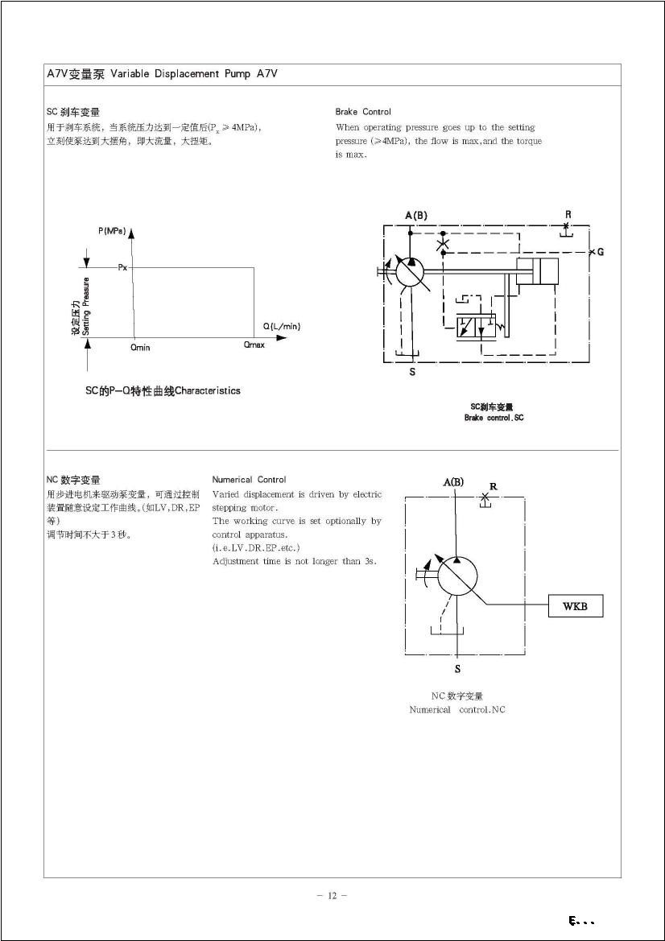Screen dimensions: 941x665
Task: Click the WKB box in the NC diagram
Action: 575,606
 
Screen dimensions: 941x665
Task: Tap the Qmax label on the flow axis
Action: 254,345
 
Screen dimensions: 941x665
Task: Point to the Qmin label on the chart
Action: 140,348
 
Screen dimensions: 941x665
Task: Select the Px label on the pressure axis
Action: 123,267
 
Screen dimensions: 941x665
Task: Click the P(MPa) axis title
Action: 112,231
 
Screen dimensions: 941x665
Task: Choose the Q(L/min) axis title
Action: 282,326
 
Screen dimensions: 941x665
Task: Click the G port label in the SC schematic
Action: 601,252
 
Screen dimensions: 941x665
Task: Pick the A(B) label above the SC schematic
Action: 416,215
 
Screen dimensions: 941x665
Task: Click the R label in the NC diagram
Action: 493,486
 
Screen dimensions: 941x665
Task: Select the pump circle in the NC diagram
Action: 457,576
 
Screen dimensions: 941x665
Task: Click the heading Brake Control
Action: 363,112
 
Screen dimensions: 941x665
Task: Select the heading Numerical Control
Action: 249,480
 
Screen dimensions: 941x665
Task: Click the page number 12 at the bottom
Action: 332,896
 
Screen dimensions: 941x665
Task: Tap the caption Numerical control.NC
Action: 457,709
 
